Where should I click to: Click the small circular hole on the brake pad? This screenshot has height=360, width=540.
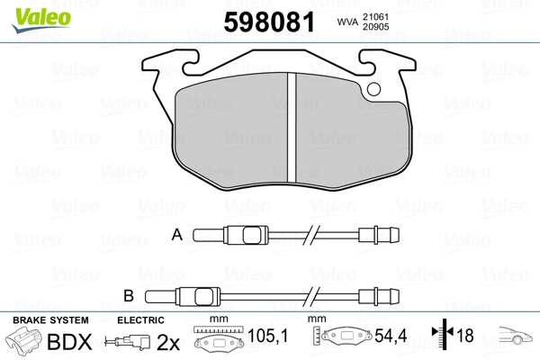coord(373,89)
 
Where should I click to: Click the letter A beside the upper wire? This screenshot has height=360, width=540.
coord(177,235)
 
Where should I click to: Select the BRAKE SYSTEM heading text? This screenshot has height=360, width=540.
coord(49,320)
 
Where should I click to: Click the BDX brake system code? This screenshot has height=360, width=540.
coord(68,343)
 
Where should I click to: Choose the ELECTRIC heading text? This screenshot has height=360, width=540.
coord(140,320)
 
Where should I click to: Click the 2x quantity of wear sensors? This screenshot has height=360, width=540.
coord(169,343)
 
